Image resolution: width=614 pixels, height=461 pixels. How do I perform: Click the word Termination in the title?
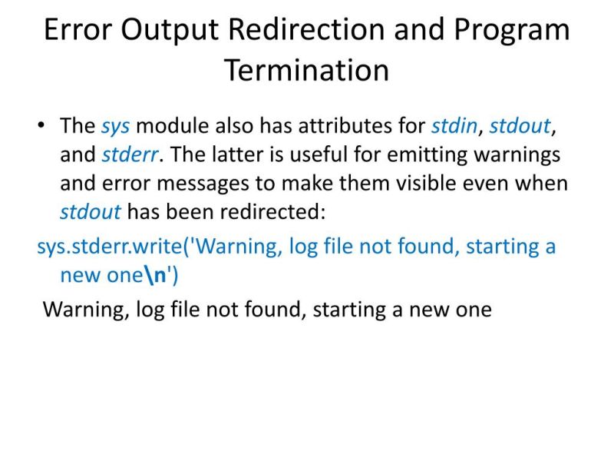click(306, 70)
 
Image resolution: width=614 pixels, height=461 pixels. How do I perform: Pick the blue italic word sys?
click(115, 125)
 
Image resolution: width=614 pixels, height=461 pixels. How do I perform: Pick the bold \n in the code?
click(156, 275)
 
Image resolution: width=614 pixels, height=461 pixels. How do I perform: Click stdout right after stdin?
click(520, 125)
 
